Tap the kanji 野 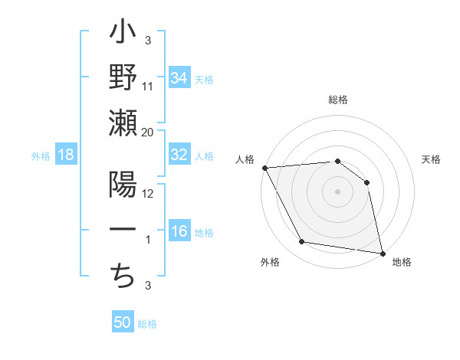(123, 79)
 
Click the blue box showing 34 (179, 77)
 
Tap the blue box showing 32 (179, 154)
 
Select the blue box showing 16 (179, 231)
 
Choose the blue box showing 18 (66, 155)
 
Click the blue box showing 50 (123, 322)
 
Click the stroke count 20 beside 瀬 (148, 132)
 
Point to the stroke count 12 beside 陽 (148, 193)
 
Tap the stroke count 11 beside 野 (148, 86)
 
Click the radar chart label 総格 (338, 100)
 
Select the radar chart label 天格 (432, 159)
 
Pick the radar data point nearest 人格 (264, 167)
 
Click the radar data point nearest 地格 (383, 252)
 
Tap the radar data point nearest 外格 (302, 242)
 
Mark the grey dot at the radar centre (338, 191)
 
